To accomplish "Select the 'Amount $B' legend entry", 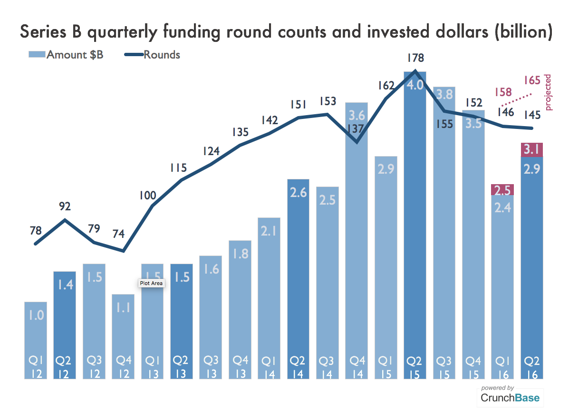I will click(x=74, y=54).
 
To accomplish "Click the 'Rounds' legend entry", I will click(x=162, y=54).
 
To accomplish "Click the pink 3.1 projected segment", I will click(x=532, y=149).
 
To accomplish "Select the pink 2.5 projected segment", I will click(x=502, y=190).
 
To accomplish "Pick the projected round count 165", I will click(x=532, y=79).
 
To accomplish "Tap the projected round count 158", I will click(x=502, y=91).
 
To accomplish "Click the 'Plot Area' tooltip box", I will click(x=151, y=283).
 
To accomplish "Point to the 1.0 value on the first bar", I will click(x=36, y=315).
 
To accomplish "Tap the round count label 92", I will click(x=65, y=207).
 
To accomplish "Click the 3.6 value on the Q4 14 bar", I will click(x=357, y=116).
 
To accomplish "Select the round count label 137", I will click(x=355, y=129).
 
